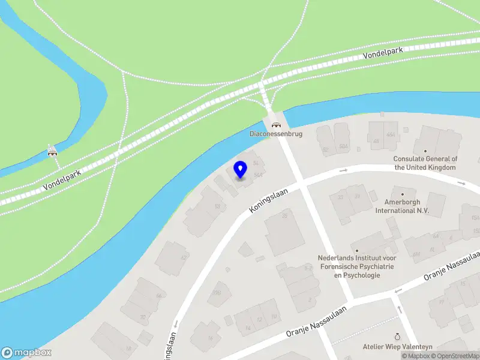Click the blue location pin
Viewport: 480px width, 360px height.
pyautogui.click(x=240, y=169)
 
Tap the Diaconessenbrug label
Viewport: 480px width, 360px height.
pyautogui.click(x=276, y=134)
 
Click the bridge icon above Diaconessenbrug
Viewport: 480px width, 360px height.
pyautogui.click(x=276, y=125)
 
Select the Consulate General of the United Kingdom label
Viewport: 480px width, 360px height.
pyautogui.click(x=425, y=163)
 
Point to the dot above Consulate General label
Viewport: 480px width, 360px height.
pyautogui.click(x=425, y=151)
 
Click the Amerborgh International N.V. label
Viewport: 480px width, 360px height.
pyautogui.click(x=403, y=206)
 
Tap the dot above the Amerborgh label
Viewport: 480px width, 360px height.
pyautogui.click(x=403, y=194)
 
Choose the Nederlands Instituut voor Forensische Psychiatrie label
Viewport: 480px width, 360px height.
pyautogui.click(x=357, y=266)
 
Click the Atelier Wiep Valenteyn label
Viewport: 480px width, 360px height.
pyautogui.click(x=397, y=347)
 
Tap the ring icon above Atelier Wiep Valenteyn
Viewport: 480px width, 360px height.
pyautogui.click(x=397, y=337)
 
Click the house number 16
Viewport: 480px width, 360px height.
pyautogui.click(x=210, y=338)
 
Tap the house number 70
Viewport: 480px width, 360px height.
pyautogui.click(x=143, y=317)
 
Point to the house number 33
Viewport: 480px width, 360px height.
pyautogui.click(x=340, y=197)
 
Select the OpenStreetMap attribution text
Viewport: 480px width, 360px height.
pyautogui.click(x=456, y=356)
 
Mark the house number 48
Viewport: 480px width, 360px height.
pyautogui.click(x=376, y=142)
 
